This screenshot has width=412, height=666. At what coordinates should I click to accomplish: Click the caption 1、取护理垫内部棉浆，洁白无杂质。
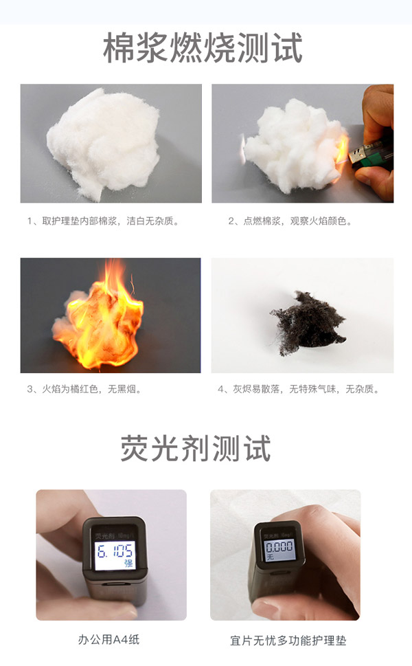click(103, 221)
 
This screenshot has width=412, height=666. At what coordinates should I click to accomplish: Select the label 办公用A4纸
click(111, 640)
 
